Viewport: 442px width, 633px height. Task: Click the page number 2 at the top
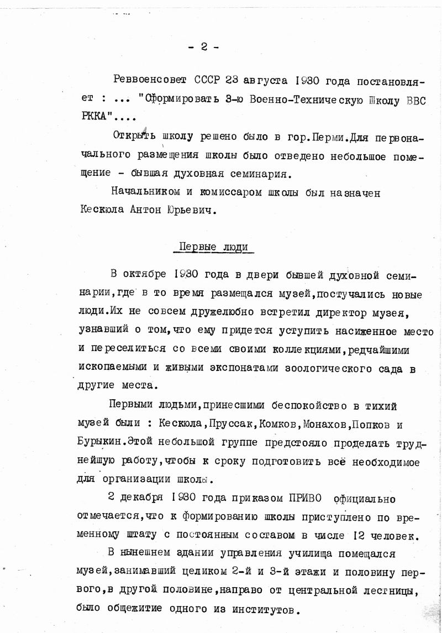click(203, 48)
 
